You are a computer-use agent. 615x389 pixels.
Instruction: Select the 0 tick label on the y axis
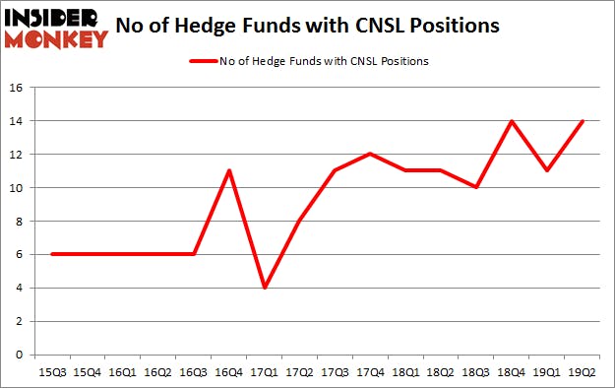pyautogui.click(x=19, y=355)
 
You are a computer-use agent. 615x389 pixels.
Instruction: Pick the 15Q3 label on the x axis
pyautogui.click(x=51, y=372)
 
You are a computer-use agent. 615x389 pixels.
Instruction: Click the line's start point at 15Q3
pyautogui.click(x=51, y=254)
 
